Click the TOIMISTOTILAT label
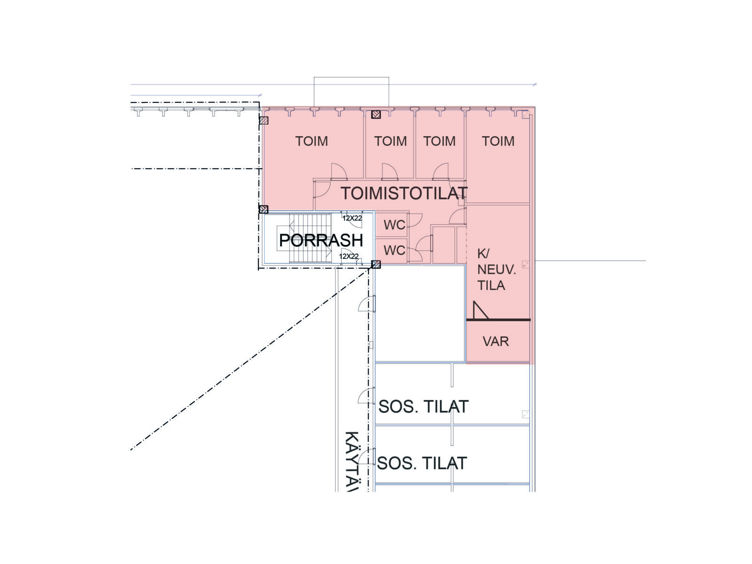tap(404, 193)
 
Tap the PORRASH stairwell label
tap(321, 240)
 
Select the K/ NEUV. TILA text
tap(496, 269)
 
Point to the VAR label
tap(495, 341)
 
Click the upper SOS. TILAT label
tap(423, 407)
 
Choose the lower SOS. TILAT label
tap(422, 463)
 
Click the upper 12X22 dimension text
tap(352, 218)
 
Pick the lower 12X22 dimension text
tap(349, 256)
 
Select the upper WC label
tap(394, 225)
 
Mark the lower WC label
tap(394, 251)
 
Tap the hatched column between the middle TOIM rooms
tap(376, 114)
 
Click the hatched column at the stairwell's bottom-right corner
tap(376, 264)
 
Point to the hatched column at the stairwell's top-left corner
tap(264, 209)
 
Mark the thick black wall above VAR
tap(498, 320)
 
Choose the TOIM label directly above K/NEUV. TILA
tap(498, 141)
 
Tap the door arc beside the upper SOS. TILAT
tap(366, 396)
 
